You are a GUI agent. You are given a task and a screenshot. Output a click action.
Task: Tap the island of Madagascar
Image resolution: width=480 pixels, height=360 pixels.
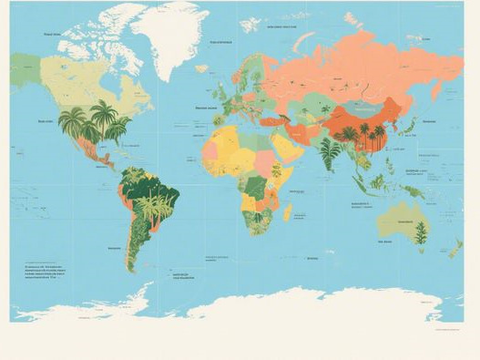coord(288,211)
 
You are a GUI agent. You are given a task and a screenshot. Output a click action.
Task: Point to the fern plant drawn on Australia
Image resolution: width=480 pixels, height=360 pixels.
coord(420,232)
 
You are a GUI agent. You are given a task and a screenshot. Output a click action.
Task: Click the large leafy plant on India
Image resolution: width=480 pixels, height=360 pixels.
coord(330,150)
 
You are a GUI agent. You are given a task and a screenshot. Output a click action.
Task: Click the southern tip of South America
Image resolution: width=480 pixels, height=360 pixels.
coord(131,266)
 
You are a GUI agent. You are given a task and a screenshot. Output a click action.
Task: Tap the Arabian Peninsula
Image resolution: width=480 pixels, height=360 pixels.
coord(290,147)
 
